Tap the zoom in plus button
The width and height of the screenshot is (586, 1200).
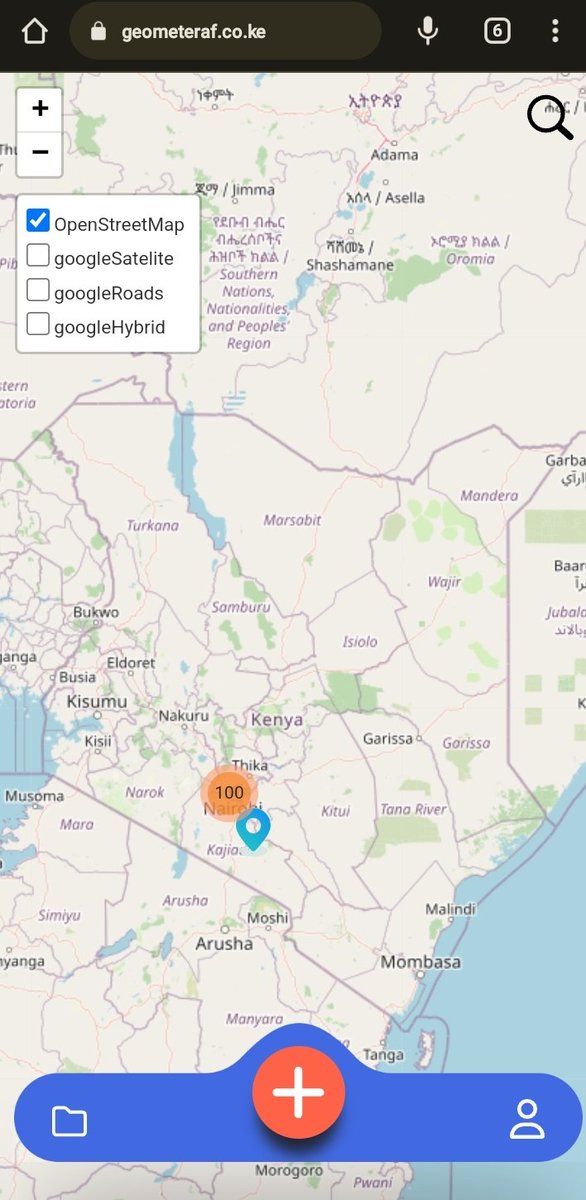click(40, 109)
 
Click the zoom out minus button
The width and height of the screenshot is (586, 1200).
click(40, 153)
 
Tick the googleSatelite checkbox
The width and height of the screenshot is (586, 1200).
click(38, 256)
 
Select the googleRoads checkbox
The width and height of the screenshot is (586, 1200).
click(38, 291)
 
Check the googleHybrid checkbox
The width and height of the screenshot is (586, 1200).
click(38, 325)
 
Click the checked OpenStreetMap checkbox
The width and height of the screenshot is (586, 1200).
click(38, 221)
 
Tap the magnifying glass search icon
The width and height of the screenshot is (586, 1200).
click(549, 118)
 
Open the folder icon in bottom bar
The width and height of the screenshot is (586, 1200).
click(69, 1121)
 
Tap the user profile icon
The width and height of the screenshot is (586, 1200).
click(527, 1119)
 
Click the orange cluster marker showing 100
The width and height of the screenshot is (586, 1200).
click(229, 792)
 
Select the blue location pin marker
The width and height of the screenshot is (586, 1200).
click(254, 829)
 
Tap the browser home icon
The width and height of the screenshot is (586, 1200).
click(34, 32)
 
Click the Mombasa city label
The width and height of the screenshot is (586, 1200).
click(420, 962)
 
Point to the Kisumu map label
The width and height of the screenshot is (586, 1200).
click(97, 702)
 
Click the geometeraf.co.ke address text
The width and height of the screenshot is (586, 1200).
click(193, 32)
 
